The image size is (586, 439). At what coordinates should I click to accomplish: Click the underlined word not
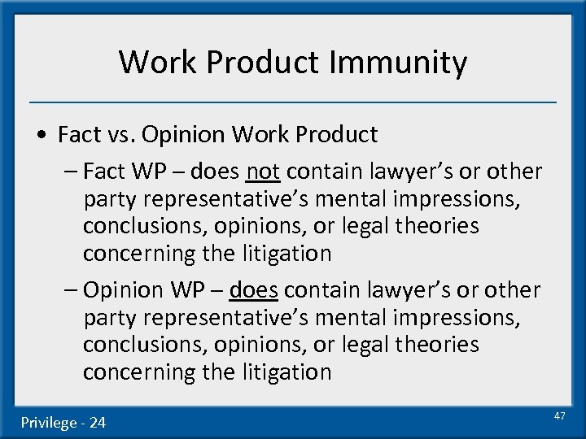click(262, 172)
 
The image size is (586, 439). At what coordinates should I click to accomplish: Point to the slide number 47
click(559, 415)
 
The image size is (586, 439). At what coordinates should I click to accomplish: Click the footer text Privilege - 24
click(63, 422)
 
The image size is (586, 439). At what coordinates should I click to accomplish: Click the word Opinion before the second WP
click(121, 290)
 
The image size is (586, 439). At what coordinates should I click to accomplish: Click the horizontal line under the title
click(293, 102)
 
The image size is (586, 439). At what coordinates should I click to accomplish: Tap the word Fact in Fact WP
click(101, 172)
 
